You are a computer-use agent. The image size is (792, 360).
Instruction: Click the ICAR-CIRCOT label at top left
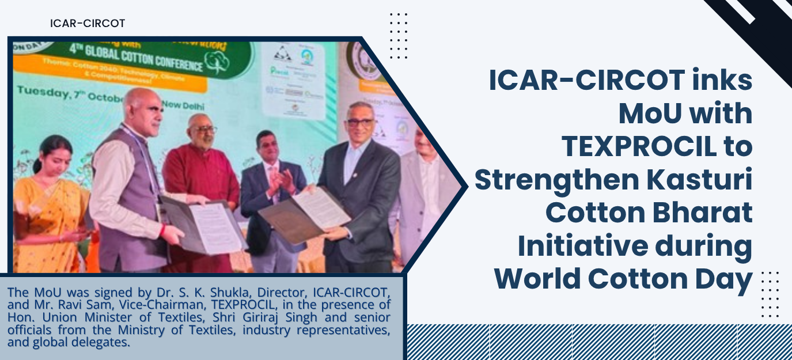pyautogui.click(x=88, y=24)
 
